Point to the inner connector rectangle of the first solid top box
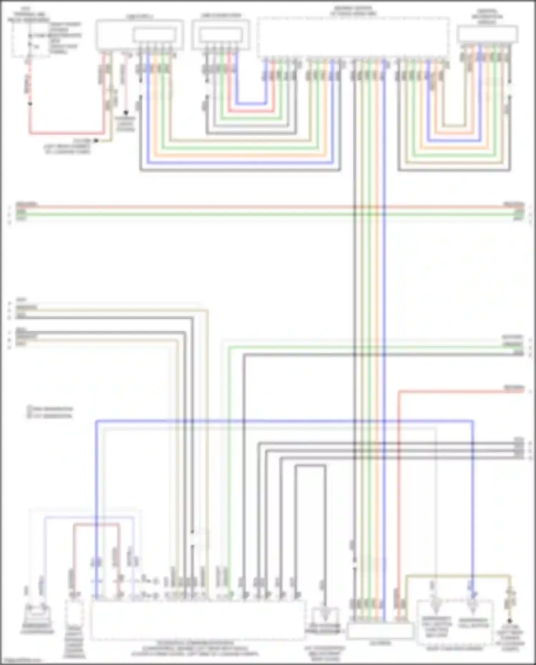154,35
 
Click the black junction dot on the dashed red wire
30,104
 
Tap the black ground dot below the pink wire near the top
126,113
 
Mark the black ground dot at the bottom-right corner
510,621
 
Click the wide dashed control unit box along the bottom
198,620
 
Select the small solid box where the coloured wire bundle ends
380,632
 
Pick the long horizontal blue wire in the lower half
286,421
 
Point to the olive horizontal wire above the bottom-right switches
457,576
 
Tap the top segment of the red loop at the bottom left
96,525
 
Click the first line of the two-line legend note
50,409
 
